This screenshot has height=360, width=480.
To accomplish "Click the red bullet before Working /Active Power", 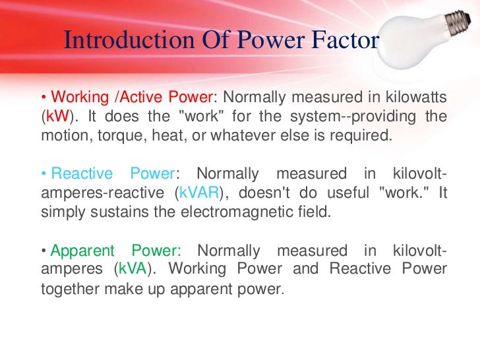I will point(44,98).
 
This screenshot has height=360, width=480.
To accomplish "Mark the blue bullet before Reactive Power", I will point(44,175).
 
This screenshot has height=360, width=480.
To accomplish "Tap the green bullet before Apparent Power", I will point(44,251).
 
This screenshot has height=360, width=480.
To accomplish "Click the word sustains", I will point(111,213).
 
